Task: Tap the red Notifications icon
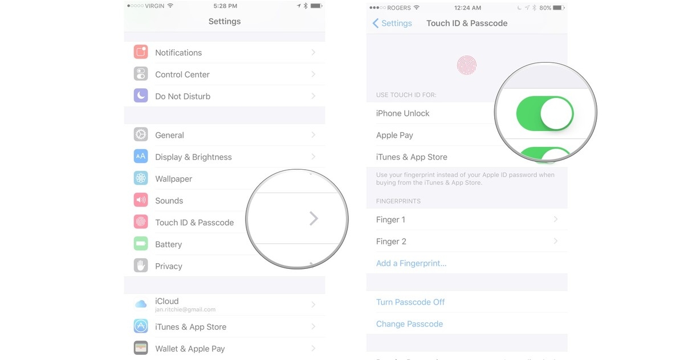point(141,52)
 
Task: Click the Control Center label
point(182,75)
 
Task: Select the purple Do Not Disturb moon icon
point(141,96)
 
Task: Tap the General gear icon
point(141,135)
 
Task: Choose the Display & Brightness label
point(193,157)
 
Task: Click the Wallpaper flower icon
point(141,178)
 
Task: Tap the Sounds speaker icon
point(141,201)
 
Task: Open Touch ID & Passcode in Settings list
point(194,223)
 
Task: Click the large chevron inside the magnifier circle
point(313,218)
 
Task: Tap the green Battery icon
point(141,244)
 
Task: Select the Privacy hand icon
point(141,265)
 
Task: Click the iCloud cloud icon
point(141,304)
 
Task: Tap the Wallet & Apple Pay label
point(190,349)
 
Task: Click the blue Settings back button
point(392,23)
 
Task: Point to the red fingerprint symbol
point(466,66)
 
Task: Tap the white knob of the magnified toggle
point(556,113)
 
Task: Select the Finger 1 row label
point(390,220)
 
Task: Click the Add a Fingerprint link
point(411,264)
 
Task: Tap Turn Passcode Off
point(410,302)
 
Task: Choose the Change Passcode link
point(409,324)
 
